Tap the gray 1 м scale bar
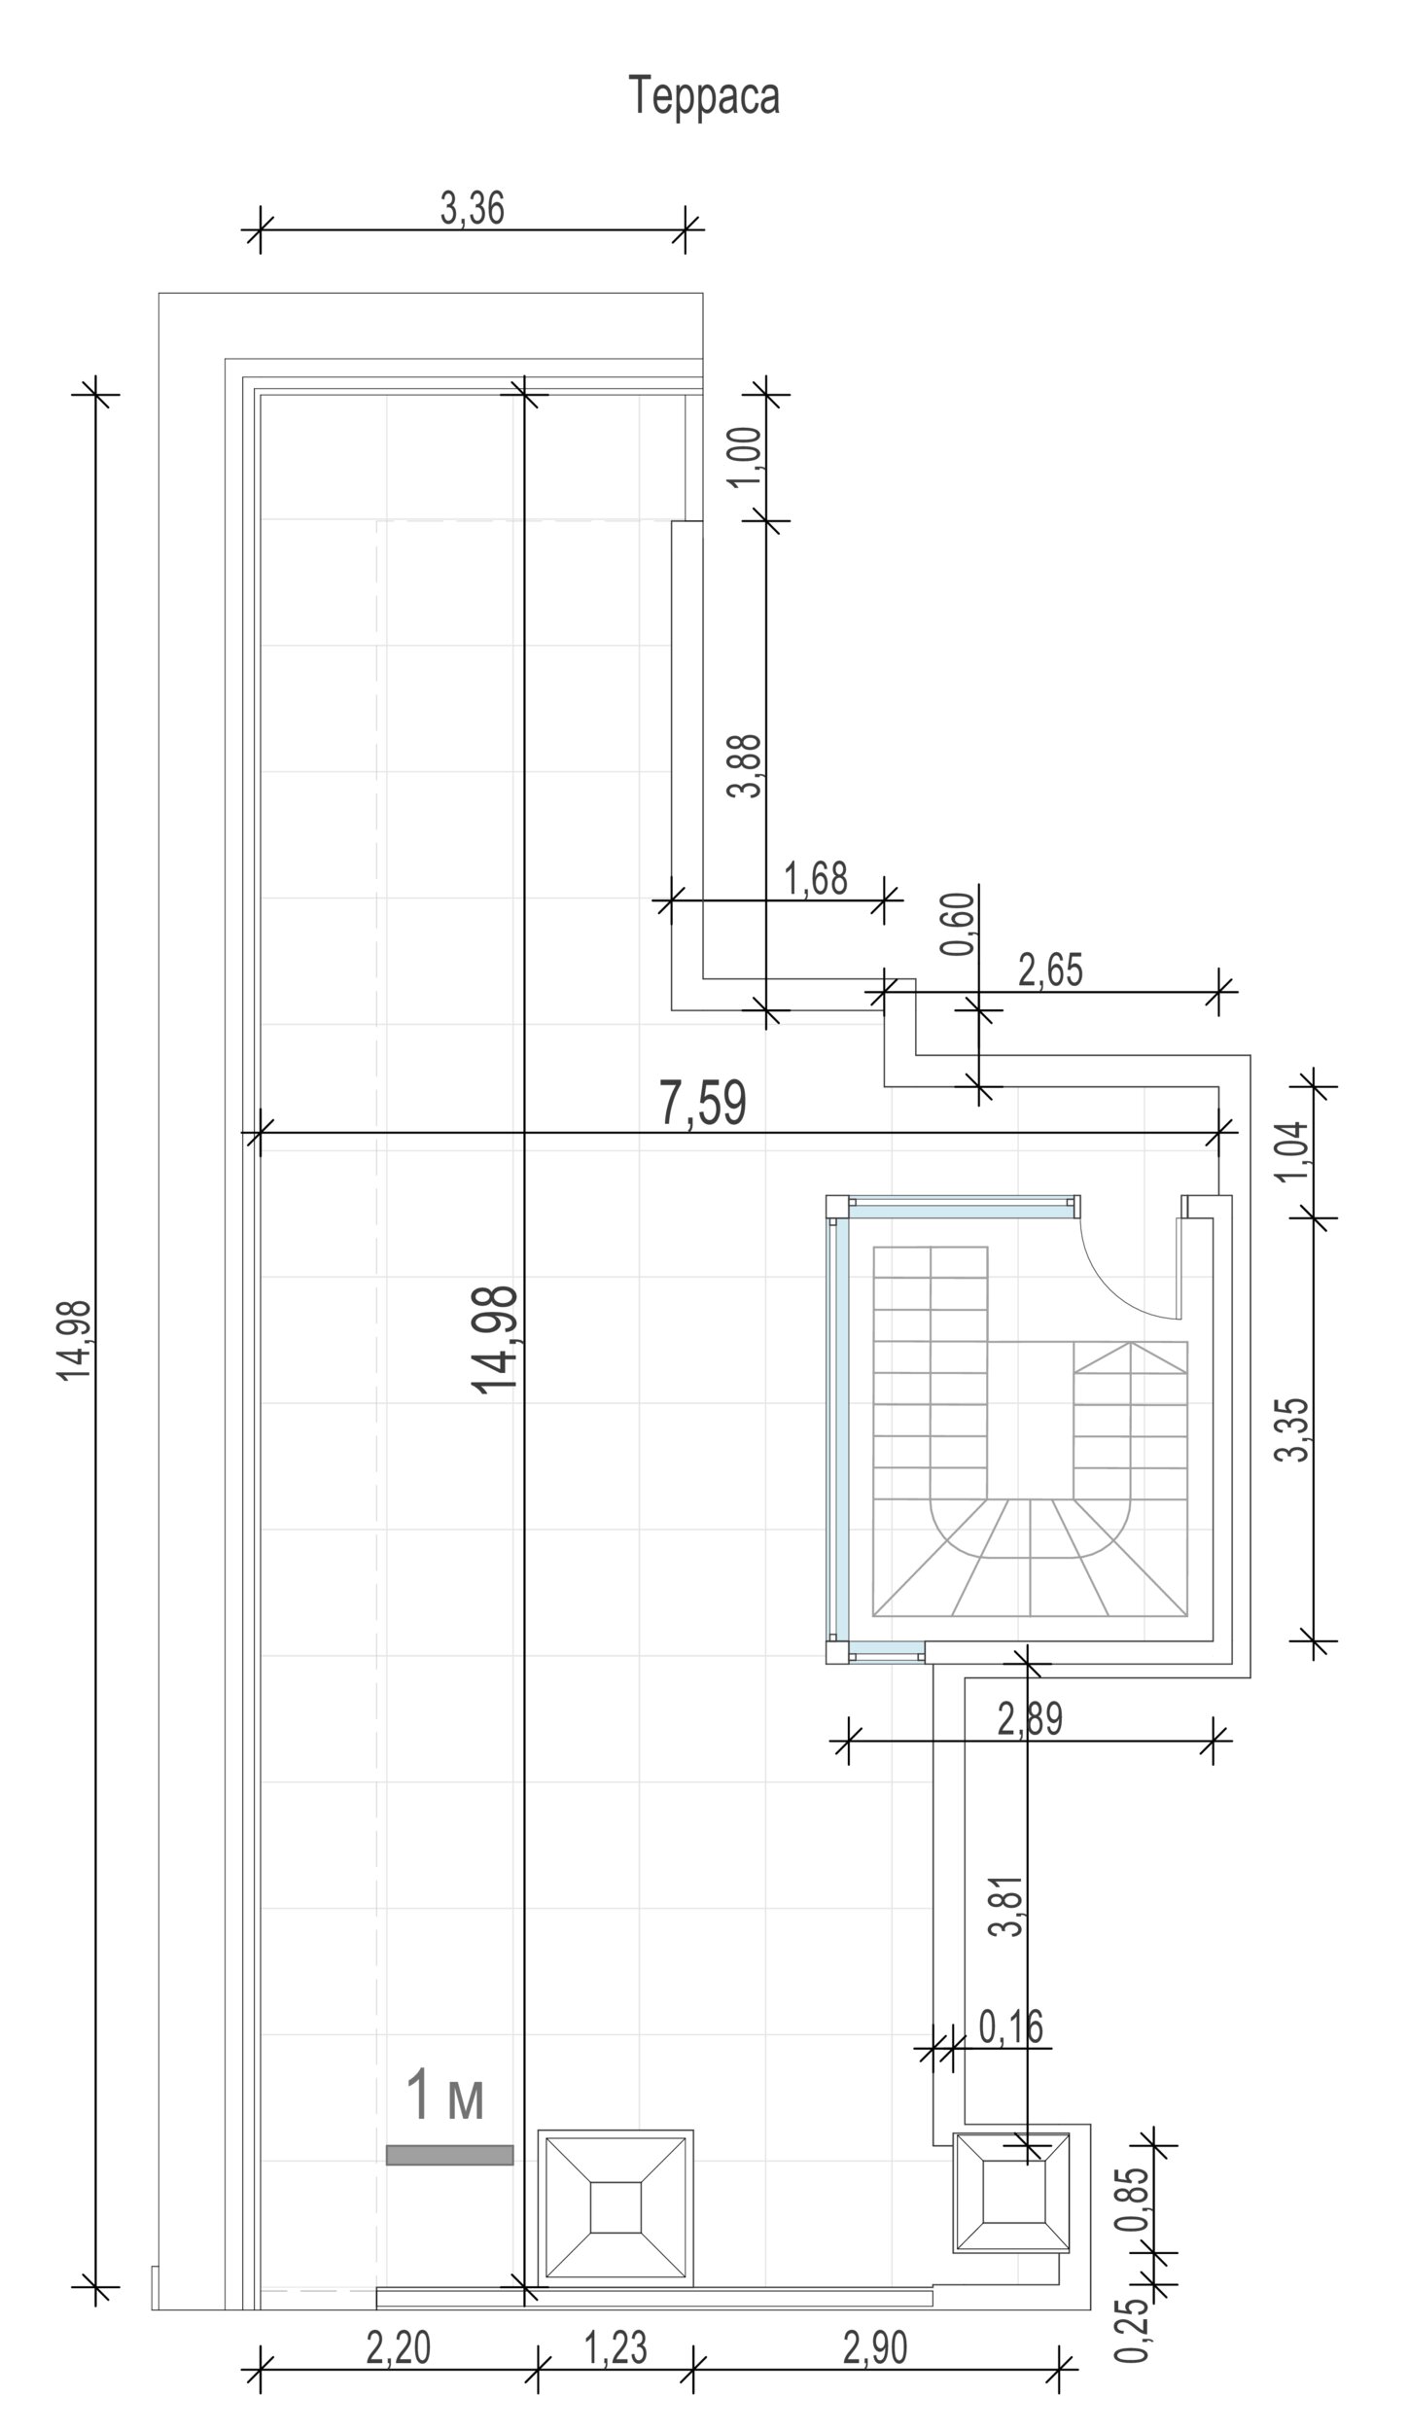449,2155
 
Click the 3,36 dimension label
473,208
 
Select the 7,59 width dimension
703,1103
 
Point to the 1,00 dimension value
746,458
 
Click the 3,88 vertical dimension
746,764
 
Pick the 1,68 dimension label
816,878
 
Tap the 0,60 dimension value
958,923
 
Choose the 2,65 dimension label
1050,970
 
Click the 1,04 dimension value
1295,1151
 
